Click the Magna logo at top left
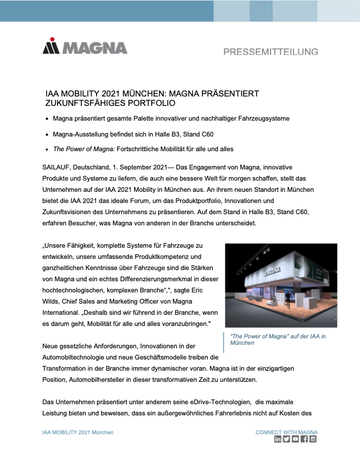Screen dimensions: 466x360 (85, 48)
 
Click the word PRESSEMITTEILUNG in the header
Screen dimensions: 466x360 (271, 52)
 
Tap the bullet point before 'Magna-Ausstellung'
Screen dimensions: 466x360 (47, 135)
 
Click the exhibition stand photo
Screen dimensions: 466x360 (281, 285)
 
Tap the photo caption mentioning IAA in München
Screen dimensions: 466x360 (277, 339)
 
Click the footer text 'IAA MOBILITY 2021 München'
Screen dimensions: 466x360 (78, 432)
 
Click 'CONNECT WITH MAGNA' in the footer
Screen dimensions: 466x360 (286, 432)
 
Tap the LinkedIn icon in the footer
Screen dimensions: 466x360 (278, 440)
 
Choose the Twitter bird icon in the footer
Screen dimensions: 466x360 (286, 440)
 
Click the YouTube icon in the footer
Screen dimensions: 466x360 (295, 440)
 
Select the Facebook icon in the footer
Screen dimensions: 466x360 (304, 440)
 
